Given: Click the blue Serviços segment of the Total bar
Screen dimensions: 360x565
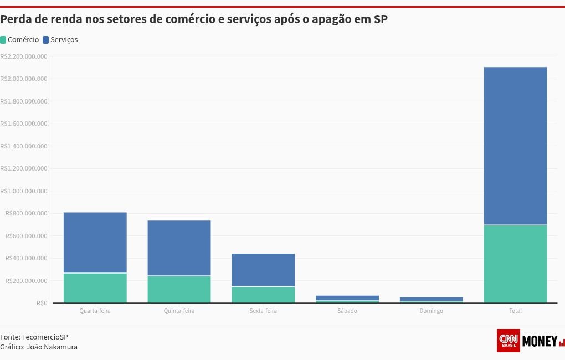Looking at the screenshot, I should tap(515, 146).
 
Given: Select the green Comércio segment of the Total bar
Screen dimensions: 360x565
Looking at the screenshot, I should tap(515, 264).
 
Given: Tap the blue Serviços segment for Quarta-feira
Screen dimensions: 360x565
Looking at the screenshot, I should tap(95, 243).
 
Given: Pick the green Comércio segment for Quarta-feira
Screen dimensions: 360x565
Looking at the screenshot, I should tap(95, 288).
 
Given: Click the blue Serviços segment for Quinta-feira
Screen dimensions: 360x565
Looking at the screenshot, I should tap(179, 248).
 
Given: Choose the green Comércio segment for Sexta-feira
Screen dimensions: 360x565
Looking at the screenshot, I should tap(263, 295).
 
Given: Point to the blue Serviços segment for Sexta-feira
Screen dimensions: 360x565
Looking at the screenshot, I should tap(263, 270).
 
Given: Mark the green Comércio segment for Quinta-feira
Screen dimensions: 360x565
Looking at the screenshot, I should tap(179, 289).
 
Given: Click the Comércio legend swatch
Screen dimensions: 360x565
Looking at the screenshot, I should tap(3, 40).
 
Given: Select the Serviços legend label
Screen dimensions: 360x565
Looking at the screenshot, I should tap(64, 40).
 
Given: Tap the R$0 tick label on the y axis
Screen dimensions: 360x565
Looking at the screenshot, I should tap(42, 303).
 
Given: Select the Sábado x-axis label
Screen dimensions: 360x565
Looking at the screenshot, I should tap(347, 311).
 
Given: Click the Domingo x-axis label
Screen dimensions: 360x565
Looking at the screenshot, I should tap(431, 311).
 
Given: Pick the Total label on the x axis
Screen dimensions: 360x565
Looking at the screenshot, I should tap(515, 311).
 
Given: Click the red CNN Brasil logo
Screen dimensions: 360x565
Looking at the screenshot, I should tap(508, 341).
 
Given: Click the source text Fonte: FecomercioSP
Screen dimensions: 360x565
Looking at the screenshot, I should tap(34, 337).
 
